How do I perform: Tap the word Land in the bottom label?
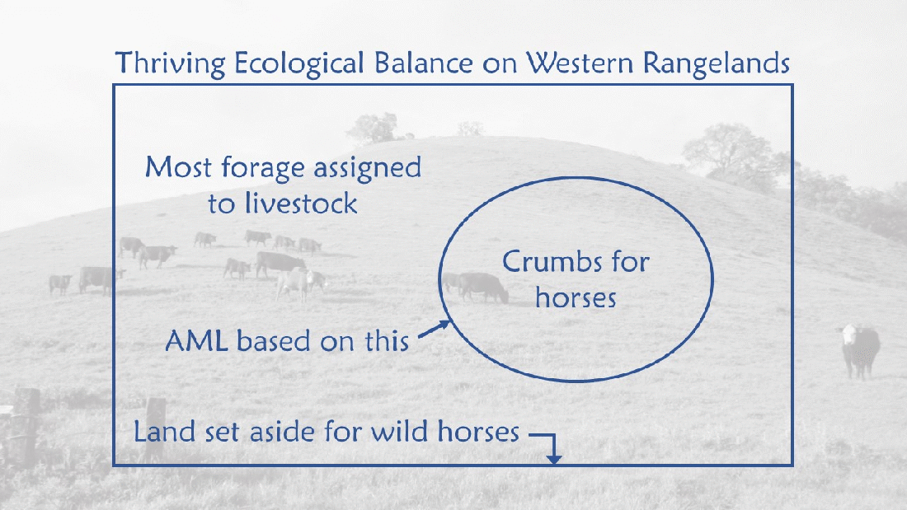tap(162, 431)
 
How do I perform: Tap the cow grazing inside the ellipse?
tap(482, 287)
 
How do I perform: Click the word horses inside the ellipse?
tap(576, 297)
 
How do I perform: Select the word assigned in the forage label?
tap(364, 169)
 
